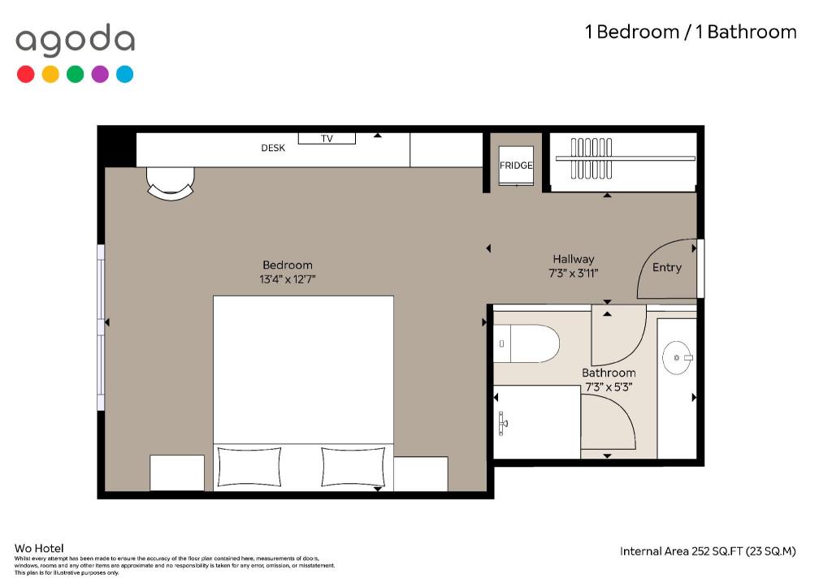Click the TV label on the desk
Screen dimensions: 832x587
point(327,138)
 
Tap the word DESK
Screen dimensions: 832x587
point(273,148)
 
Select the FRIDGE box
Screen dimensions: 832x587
point(516,166)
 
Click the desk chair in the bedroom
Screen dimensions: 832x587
point(171,183)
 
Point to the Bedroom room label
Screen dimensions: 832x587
point(288,265)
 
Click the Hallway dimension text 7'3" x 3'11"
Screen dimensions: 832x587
point(573,274)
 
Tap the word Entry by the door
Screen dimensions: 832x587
point(666,267)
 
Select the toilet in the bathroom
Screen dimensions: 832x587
point(526,343)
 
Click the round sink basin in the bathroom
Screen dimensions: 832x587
point(677,358)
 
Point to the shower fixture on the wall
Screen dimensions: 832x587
point(502,424)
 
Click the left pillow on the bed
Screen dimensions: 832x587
point(249,467)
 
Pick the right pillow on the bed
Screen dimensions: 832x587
point(353,467)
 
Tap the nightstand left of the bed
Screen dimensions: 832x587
point(177,473)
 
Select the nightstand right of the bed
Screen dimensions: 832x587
point(421,474)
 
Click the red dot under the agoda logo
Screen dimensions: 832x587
point(25,74)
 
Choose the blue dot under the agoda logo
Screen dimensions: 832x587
point(124,74)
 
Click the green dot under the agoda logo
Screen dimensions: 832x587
point(76,74)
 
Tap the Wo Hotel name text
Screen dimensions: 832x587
point(39,548)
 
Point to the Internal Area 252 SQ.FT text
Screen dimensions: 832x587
point(708,551)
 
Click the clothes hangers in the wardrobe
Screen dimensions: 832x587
point(591,158)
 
